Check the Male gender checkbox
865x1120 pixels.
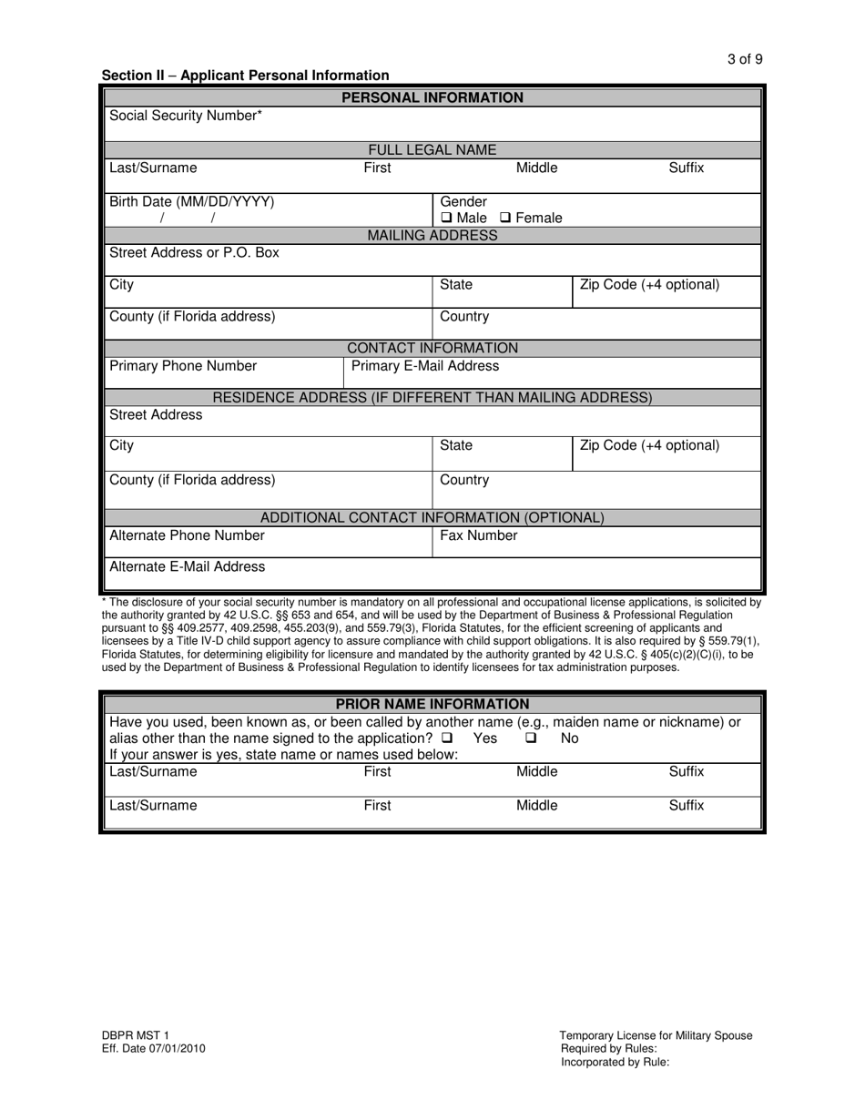[x=446, y=219]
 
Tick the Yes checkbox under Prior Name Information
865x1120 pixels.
[x=447, y=738]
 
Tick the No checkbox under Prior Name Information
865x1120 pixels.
[x=531, y=738]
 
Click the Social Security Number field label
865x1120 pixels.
[x=186, y=116]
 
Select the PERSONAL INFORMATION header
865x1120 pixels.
[x=432, y=97]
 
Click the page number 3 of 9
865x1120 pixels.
[x=745, y=59]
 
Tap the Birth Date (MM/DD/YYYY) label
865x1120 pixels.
[x=191, y=202]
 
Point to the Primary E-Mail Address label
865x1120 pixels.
[x=425, y=366]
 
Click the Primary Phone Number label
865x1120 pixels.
[x=183, y=366]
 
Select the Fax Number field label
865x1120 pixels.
[x=478, y=535]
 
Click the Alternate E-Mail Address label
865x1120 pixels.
[x=188, y=566]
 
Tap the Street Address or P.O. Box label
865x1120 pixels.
[x=194, y=253]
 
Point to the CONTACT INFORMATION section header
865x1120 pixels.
[x=432, y=348]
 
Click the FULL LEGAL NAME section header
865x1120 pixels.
[x=432, y=150]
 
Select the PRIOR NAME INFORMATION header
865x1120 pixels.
[x=432, y=704]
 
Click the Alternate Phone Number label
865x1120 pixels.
[x=187, y=535]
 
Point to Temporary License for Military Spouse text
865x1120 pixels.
[x=656, y=1035]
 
